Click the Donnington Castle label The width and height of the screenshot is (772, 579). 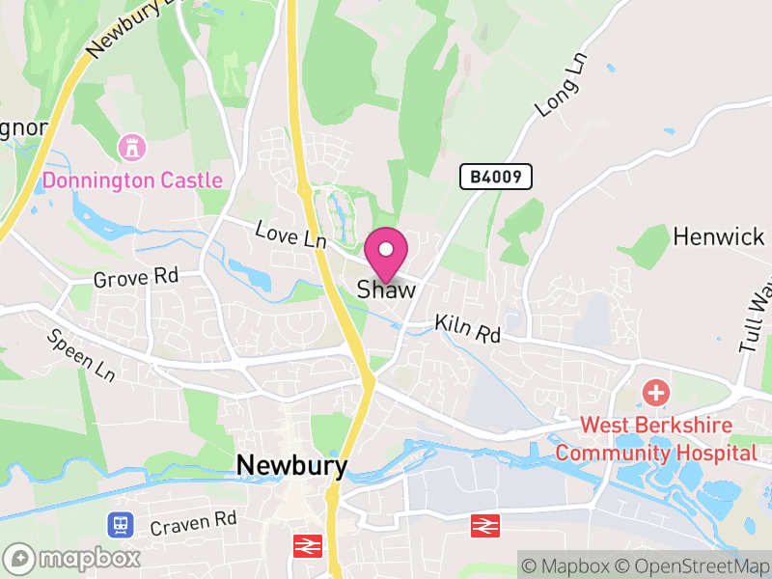click(133, 180)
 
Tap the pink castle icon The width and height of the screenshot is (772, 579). click(128, 148)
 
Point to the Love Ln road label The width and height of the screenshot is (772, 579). click(290, 234)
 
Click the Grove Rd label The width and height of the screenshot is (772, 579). click(136, 278)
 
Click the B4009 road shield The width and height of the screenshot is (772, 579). click(496, 177)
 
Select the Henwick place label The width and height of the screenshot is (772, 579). click(718, 235)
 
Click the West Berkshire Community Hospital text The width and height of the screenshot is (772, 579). click(656, 439)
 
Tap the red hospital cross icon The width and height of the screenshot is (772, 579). click(656, 393)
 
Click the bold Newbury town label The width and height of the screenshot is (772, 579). click(291, 465)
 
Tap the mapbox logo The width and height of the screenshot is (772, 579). click(73, 558)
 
